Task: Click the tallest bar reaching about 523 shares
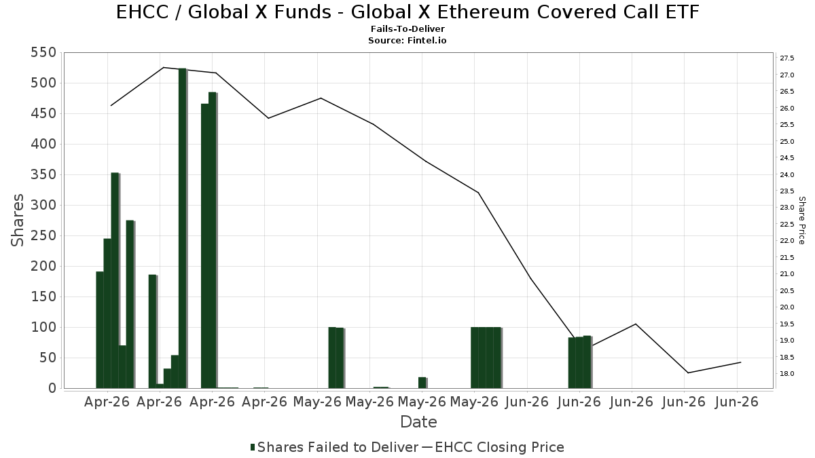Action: tap(183, 228)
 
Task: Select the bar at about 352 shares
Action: tap(115, 281)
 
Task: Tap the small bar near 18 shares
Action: tap(422, 383)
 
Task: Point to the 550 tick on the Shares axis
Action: tap(43, 53)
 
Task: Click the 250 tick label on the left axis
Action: tap(43, 236)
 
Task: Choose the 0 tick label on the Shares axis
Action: tap(53, 388)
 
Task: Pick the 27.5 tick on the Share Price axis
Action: tap(786, 58)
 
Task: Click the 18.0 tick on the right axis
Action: tap(786, 374)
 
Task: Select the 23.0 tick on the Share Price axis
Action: tap(786, 208)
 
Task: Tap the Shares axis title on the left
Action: tap(17, 221)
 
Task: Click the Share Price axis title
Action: tap(802, 221)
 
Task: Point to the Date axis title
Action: tap(418, 422)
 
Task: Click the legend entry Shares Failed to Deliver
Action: tap(334, 447)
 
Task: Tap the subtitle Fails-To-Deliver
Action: tap(407, 28)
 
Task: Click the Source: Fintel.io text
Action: tap(407, 40)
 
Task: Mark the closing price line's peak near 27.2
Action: tap(164, 67)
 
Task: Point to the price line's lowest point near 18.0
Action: tap(688, 373)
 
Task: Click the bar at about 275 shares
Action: tap(130, 304)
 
